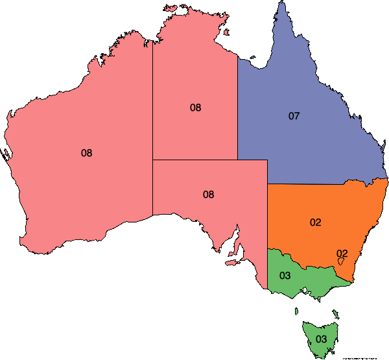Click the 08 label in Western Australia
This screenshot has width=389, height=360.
pyautogui.click(x=86, y=153)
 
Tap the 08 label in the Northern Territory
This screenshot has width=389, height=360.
pyautogui.click(x=195, y=108)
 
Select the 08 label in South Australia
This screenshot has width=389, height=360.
pyautogui.click(x=208, y=194)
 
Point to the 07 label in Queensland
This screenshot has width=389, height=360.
pyautogui.click(x=294, y=116)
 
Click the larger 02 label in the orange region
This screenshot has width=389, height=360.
pyautogui.click(x=315, y=222)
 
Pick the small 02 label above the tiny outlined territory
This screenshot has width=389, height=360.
pyautogui.click(x=342, y=253)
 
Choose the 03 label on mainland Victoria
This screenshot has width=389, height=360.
pyautogui.click(x=285, y=276)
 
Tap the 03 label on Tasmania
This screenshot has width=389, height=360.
pyautogui.click(x=321, y=338)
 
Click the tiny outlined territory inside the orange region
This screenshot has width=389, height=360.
pyautogui.click(x=341, y=261)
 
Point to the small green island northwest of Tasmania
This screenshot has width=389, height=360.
pyautogui.click(x=297, y=311)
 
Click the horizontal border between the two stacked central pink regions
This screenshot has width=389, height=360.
pyautogui.click(x=207, y=160)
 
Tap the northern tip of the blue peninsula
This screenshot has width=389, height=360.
pyautogui.click(x=281, y=3)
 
